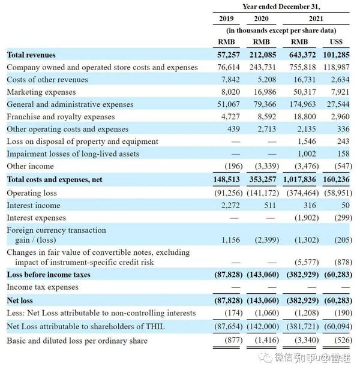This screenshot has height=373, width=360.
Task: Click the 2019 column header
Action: click(226, 19)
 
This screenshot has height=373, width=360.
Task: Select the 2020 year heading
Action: click(261, 19)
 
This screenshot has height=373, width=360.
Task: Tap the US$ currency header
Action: click(336, 42)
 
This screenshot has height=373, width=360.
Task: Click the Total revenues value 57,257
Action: click(228, 55)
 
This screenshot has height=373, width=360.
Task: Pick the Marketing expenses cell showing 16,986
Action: click(265, 92)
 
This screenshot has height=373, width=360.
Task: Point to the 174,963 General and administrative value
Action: click(302, 104)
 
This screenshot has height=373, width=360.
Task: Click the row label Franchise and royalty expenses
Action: click(61, 117)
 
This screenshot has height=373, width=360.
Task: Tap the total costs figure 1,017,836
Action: click(299, 179)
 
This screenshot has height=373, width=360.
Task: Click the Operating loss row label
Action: click(32, 193)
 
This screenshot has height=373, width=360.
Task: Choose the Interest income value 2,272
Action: click(230, 205)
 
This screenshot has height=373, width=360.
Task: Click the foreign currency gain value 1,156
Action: click(230, 240)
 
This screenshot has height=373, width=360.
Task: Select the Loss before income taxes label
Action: click(49, 275)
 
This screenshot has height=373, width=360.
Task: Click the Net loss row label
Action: click(20, 300)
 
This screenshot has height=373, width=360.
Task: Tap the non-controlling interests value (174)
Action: click(233, 313)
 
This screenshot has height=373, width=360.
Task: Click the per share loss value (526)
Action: click(343, 340)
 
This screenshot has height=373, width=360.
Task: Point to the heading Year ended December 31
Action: click(281, 7)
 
